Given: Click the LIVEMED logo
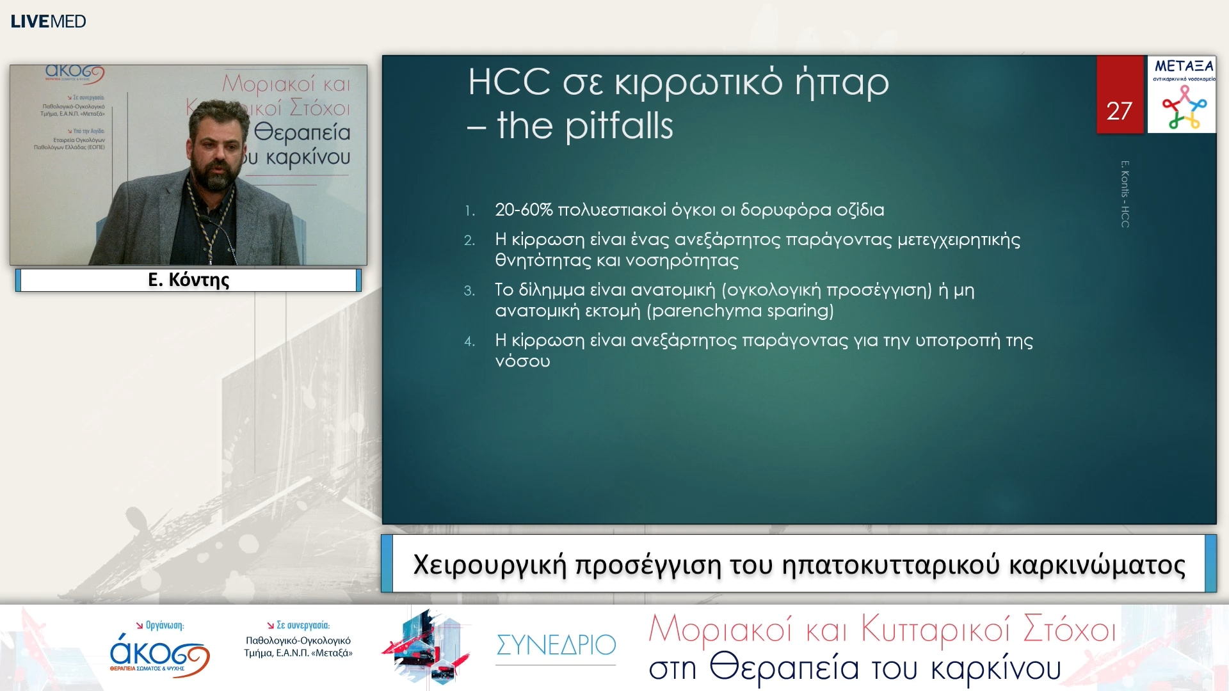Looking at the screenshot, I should click(x=48, y=21).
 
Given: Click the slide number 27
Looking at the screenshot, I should click(x=1119, y=111).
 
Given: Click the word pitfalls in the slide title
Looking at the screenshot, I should click(x=619, y=125).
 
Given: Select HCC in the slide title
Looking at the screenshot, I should click(x=509, y=82).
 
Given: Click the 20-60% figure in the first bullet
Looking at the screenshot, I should click(x=524, y=210).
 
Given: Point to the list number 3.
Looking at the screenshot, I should click(x=469, y=291).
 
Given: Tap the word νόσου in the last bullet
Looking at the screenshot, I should click(x=522, y=361).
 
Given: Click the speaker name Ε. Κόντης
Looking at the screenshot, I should click(x=188, y=280).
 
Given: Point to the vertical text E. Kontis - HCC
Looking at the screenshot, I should click(x=1125, y=194).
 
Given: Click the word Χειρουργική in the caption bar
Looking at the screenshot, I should click(x=490, y=565).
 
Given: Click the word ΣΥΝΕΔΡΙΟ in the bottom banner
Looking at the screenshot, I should click(x=556, y=645).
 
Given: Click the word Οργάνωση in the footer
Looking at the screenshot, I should click(x=165, y=625).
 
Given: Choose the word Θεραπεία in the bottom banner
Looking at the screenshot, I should click(x=784, y=668).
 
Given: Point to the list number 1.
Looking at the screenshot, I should click(x=469, y=211).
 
